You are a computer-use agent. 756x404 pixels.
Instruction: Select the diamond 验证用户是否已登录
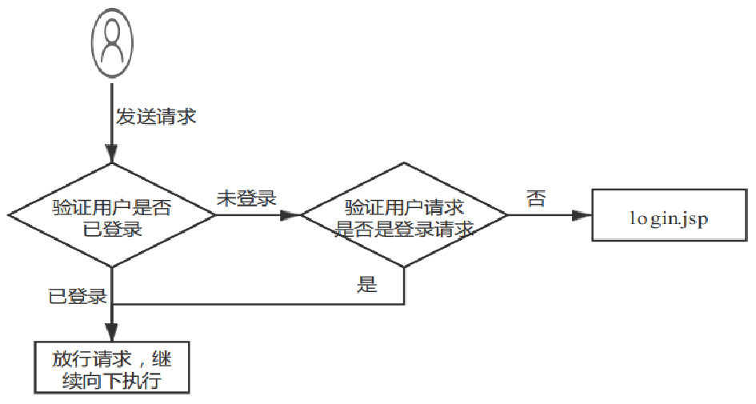pyautogui.click(x=112, y=214)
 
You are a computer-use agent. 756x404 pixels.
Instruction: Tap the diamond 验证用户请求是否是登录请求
pyautogui.click(x=404, y=214)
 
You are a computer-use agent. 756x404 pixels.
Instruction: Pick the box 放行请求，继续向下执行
pyautogui.click(x=112, y=368)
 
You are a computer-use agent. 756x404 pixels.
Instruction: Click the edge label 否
pyautogui.click(x=536, y=198)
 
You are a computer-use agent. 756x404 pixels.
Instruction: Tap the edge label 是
pyautogui.click(x=367, y=284)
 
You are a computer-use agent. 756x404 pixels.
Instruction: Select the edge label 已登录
pyautogui.click(x=78, y=297)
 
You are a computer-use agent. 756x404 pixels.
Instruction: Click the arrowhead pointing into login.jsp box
pyautogui.click(x=583, y=214)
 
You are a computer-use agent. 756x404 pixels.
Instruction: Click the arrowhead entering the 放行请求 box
pyautogui.click(x=112, y=334)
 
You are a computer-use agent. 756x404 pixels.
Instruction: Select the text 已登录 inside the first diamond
pyautogui.click(x=112, y=227)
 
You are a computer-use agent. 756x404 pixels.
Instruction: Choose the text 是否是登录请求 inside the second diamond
pyautogui.click(x=404, y=227)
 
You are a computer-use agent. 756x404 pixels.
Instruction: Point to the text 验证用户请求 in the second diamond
pyautogui.click(x=404, y=206)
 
